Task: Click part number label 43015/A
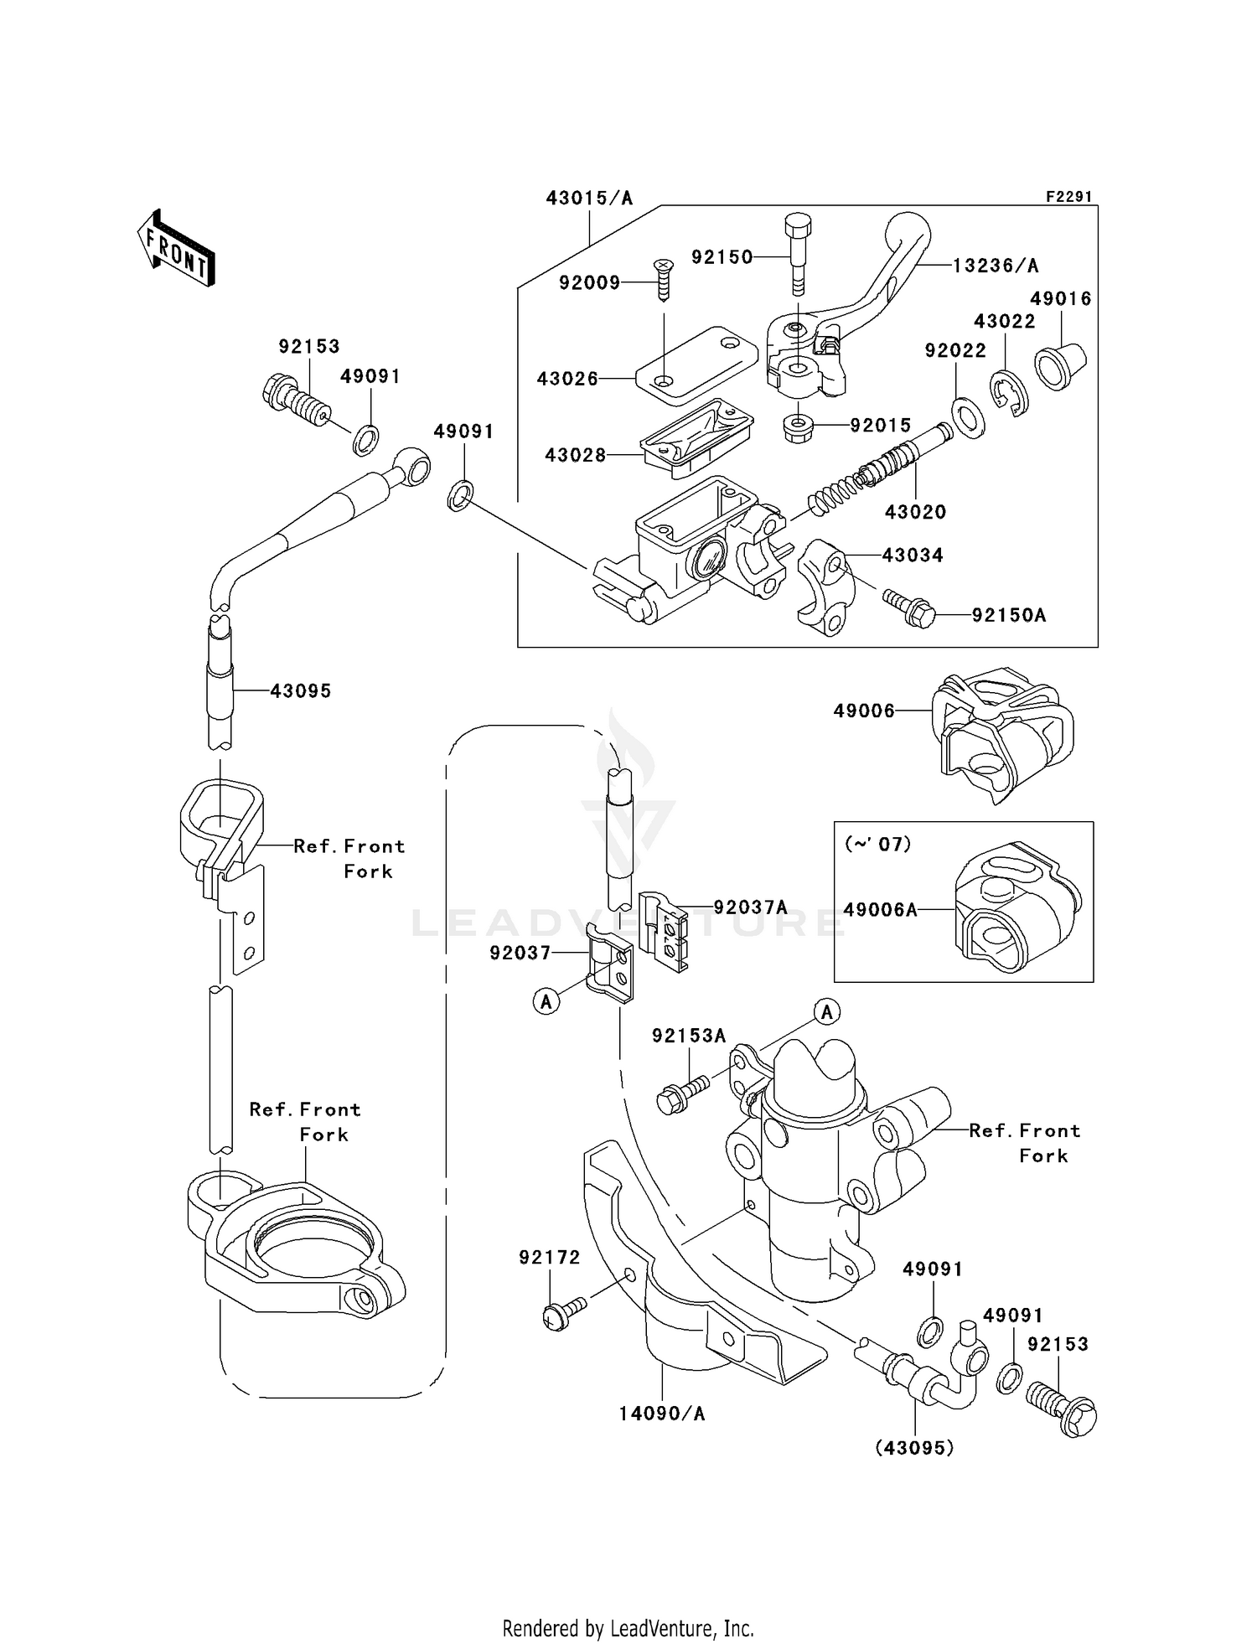click(x=589, y=199)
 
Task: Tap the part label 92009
click(x=589, y=283)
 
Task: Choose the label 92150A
click(x=1009, y=615)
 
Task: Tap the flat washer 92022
click(x=968, y=417)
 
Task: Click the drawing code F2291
click(x=1068, y=197)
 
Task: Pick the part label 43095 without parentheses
click(x=300, y=691)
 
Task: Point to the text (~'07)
click(x=877, y=844)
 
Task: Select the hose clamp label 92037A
click(x=750, y=907)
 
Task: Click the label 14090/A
click(x=662, y=1414)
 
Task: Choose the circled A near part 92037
click(x=546, y=1001)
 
